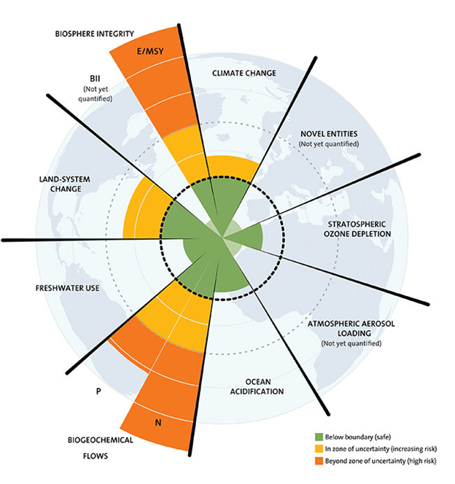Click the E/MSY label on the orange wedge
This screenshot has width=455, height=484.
tap(150, 51)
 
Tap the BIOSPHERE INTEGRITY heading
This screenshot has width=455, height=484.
tap(95, 34)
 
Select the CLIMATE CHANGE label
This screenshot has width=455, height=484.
tap(244, 73)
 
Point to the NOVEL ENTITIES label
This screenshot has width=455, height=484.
tap(329, 133)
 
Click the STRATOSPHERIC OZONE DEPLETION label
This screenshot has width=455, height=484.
tap(357, 229)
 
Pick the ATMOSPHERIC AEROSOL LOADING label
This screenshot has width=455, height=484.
tap(351, 329)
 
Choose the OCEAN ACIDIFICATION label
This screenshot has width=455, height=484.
tap(257, 386)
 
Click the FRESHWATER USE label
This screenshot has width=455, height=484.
tap(67, 288)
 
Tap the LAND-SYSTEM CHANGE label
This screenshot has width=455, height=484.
tap(65, 184)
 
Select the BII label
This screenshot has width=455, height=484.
tap(95, 79)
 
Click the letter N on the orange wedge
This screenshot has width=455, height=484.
tap(158, 423)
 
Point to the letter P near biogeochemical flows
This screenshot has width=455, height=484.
tap(98, 391)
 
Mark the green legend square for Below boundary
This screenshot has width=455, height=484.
tap(319, 437)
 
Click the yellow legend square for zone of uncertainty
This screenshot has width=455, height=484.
tap(319, 448)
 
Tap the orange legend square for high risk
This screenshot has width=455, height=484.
tap(319, 461)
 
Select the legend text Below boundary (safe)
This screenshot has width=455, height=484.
tap(358, 437)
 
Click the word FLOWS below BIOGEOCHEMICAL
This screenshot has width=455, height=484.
tap(96, 456)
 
